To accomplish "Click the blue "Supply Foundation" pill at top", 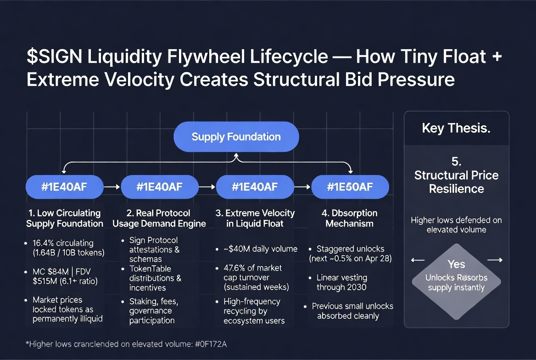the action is tap(236, 137).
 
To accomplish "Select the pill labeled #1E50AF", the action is tap(350, 187).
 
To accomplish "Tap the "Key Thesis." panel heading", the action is tap(456, 128).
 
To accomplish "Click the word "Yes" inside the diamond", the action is tap(456, 264).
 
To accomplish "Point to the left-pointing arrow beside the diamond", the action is tap(418, 260).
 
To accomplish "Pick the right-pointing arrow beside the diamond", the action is tap(495, 260).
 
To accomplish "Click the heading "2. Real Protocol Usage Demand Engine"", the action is tap(159, 218).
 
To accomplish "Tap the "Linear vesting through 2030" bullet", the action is tap(341, 282).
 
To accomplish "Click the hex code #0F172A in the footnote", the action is tap(211, 344).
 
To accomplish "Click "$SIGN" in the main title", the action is tap(54, 57).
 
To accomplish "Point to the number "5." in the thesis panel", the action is tap(456, 161).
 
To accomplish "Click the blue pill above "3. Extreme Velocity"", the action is tap(255, 187).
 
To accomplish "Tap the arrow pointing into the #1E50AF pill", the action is tap(302, 187).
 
